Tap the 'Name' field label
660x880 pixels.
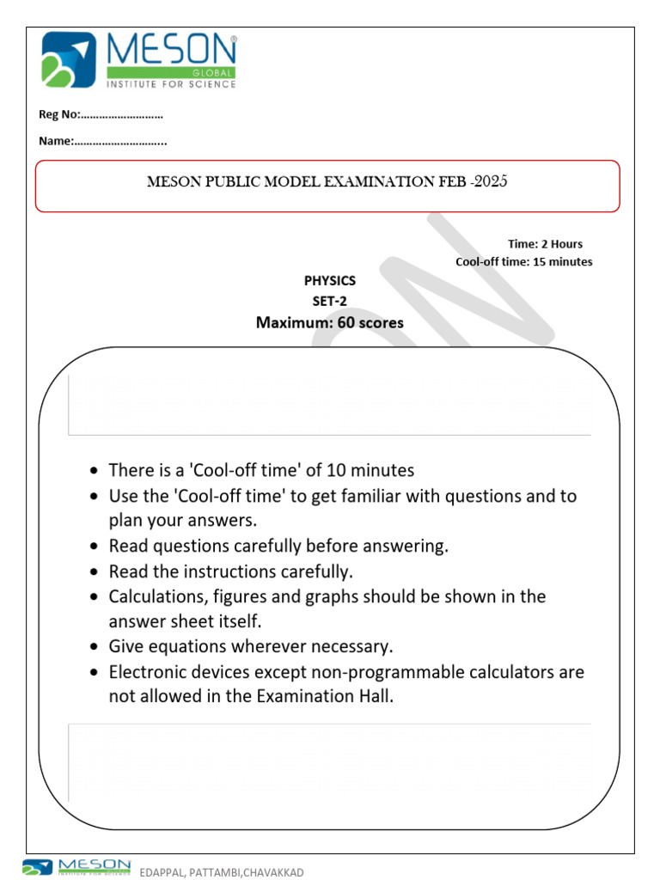coord(55,140)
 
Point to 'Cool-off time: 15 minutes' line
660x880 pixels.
coord(523,261)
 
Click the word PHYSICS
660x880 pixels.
coord(329,280)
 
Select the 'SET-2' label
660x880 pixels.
coord(329,300)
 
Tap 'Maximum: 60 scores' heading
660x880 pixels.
coord(329,322)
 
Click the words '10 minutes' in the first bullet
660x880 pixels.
coord(374,470)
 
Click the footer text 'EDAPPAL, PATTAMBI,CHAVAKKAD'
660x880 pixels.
coord(222,872)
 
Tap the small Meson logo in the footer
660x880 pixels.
coord(77,867)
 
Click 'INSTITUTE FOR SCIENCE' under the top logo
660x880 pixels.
coord(170,83)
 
